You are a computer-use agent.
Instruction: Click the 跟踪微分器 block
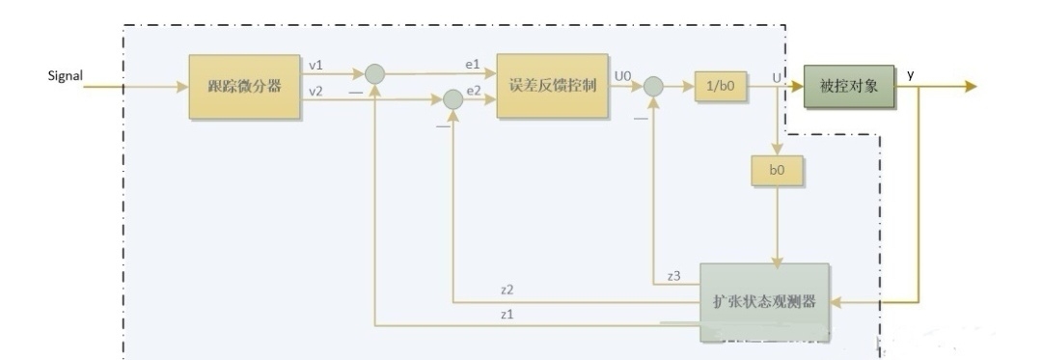point(244,86)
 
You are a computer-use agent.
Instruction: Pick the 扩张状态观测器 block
point(763,301)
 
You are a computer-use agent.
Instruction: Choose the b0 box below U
point(777,171)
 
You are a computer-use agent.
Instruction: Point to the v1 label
point(315,65)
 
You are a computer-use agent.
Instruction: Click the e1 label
point(472,64)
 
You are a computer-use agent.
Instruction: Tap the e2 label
point(474,90)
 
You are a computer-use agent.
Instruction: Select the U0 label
point(622,74)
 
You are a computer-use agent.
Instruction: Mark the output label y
point(911,73)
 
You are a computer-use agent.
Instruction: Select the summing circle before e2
point(452,97)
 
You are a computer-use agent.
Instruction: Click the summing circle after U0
point(654,86)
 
